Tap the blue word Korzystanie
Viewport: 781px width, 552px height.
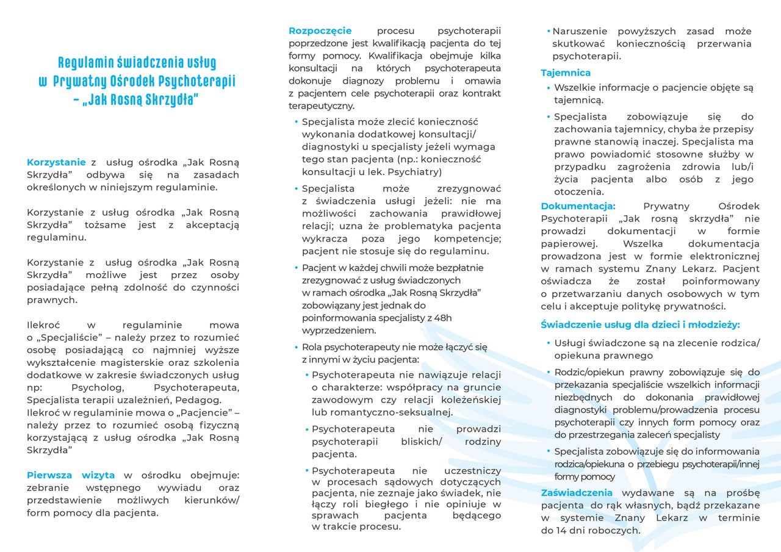56,162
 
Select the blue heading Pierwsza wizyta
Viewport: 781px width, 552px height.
71,475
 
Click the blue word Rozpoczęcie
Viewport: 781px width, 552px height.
320,30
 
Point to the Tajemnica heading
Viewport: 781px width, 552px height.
566,73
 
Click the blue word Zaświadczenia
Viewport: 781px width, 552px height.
577,493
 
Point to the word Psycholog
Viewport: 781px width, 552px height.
98,388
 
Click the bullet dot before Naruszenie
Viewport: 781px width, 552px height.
548,31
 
